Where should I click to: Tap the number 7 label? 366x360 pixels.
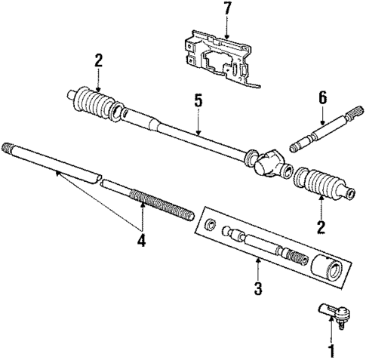click(226, 9)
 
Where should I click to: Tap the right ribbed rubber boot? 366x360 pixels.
click(321, 185)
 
